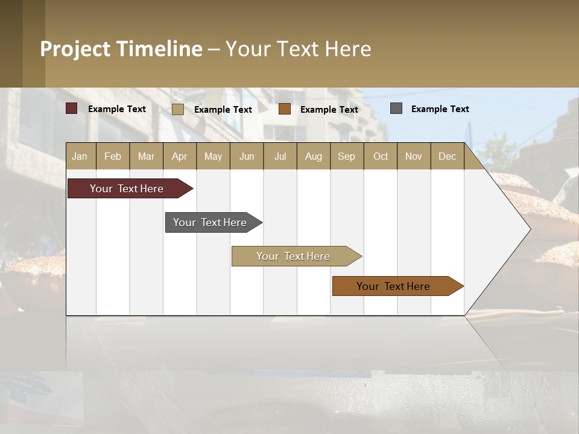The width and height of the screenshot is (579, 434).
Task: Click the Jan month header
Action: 80,156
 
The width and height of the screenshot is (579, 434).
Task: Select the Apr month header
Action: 179,156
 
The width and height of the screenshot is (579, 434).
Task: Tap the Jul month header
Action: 280,156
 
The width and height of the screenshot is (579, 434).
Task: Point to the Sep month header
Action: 346,156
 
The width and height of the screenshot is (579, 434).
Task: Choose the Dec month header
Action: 447,156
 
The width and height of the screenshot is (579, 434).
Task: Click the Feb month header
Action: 113,156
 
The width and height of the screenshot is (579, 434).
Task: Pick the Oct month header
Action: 381,156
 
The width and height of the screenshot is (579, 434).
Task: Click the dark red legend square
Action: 72,108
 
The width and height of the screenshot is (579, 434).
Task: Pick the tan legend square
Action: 178,109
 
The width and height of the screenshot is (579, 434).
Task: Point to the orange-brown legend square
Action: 285,109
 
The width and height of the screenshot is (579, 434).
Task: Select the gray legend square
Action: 396,108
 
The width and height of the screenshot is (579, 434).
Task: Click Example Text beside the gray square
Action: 440,109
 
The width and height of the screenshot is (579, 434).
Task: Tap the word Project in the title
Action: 74,49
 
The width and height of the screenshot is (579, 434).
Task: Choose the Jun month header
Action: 247,156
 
